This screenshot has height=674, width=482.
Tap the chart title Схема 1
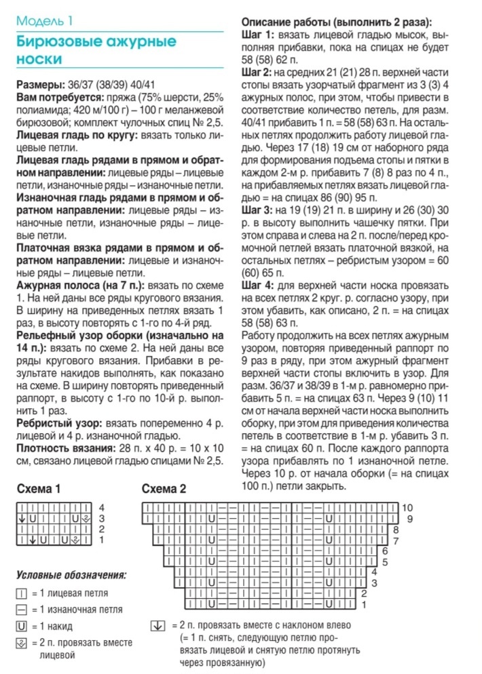[x=39, y=489]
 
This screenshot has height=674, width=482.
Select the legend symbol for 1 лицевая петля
[x=22, y=593]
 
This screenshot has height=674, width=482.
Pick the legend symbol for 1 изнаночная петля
[x=22, y=609]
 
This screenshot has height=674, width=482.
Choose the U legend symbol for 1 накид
[x=22, y=626]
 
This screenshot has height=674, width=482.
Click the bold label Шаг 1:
[x=259, y=34]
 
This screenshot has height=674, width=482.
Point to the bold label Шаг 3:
[x=260, y=210]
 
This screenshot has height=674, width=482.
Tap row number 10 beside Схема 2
[x=407, y=507]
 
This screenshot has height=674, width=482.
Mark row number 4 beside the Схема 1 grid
[x=101, y=507]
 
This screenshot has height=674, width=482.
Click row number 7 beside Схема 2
[x=396, y=540]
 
